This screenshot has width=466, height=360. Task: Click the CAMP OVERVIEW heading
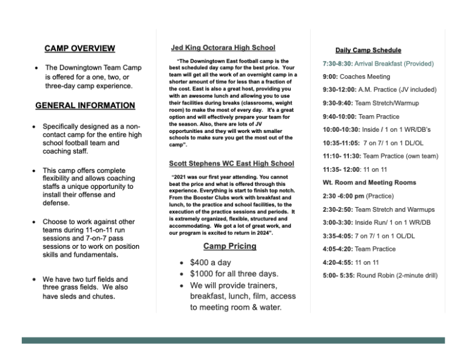pyautogui.click(x=79, y=48)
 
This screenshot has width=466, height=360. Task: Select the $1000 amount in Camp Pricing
pyautogui.click(x=204, y=274)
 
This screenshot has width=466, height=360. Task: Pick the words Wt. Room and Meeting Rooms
pyautogui.click(x=369, y=182)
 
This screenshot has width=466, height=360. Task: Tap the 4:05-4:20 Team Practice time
pyautogui.click(x=337, y=249)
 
